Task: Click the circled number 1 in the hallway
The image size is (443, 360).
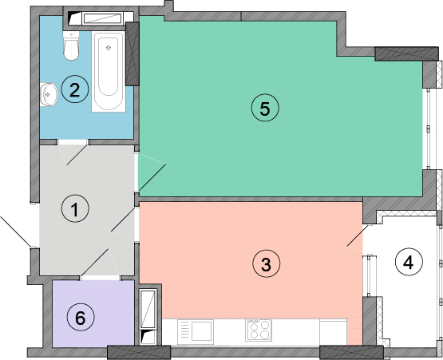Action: tap(75, 208)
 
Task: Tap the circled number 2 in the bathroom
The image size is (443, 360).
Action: tap(75, 89)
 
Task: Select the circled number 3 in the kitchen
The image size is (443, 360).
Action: tap(267, 263)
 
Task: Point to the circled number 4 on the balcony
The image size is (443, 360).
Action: tap(409, 262)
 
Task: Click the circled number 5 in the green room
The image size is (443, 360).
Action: tap(265, 108)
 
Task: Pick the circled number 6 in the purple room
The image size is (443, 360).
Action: tap(81, 318)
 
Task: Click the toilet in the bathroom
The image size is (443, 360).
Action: tap(71, 45)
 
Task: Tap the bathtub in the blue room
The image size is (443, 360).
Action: tap(109, 72)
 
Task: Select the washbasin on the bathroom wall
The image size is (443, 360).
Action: tap(49, 95)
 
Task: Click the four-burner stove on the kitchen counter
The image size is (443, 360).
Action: tap(259, 330)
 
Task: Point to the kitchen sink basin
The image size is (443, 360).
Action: tap(202, 330)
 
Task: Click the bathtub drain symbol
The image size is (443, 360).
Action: tap(109, 47)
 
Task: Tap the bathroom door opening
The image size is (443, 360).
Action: tap(73, 142)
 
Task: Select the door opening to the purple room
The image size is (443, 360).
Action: tap(101, 278)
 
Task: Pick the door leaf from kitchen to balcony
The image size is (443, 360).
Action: tap(358, 235)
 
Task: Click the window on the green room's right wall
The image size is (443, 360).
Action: tap(428, 129)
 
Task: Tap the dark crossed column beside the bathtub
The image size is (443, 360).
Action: tap(133, 53)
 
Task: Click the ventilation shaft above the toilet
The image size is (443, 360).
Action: tap(98, 18)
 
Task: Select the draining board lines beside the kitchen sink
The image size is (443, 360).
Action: tap(184, 330)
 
